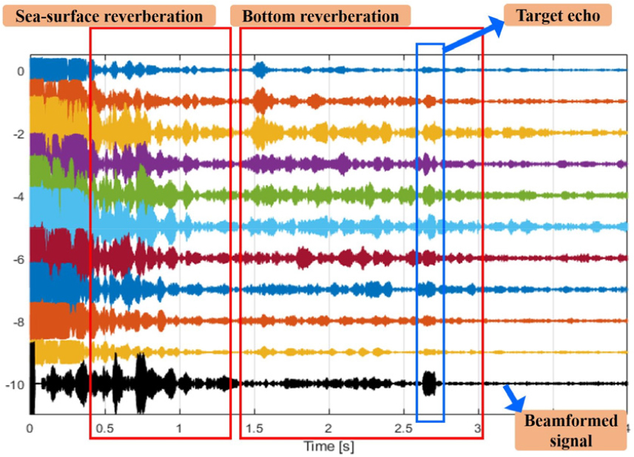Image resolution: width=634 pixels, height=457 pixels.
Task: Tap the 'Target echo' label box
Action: [x=556, y=13]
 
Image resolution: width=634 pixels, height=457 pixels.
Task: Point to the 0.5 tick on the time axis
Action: [x=105, y=428]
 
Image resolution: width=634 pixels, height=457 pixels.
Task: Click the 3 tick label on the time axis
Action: [x=479, y=428]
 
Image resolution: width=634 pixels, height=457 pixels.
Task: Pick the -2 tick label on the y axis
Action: [x=19, y=134]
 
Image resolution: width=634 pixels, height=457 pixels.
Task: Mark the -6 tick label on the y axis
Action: [x=19, y=260]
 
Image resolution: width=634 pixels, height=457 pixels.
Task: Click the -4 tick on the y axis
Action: [x=19, y=197]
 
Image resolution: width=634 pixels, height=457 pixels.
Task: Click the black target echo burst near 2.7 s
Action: [x=429, y=383]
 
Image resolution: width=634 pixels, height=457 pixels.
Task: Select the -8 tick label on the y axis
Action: [x=19, y=322]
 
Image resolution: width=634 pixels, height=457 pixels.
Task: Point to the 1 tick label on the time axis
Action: [x=180, y=428]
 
